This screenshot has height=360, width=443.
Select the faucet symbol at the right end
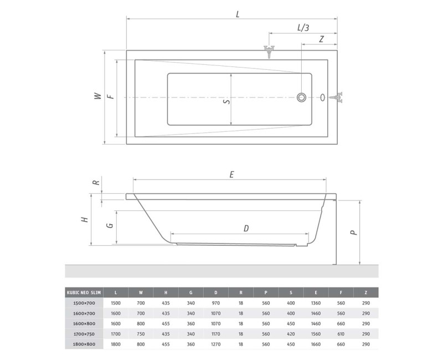337,98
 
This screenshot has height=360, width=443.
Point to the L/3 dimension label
303,27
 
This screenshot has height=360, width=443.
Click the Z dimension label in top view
321,40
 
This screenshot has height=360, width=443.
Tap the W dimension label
97,96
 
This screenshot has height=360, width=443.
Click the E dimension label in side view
231,174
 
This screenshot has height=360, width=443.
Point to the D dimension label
246,228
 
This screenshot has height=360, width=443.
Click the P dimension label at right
352,233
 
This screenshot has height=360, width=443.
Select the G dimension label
110,225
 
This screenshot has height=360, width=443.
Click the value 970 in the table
216,303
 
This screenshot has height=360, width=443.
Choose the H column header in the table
166,292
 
